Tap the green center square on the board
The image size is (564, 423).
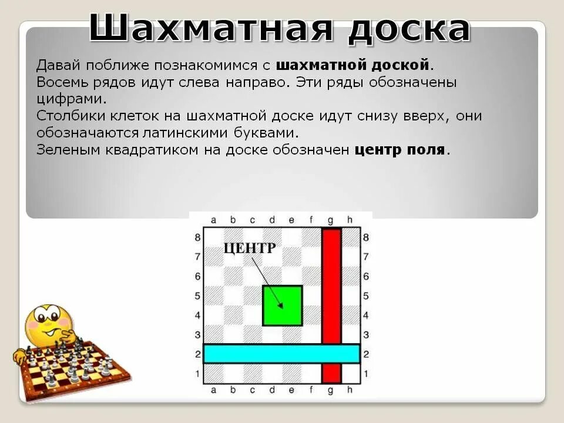[282, 305]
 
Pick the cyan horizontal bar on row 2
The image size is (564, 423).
[281, 354]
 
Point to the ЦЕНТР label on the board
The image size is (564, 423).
[249, 248]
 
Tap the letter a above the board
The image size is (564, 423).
[213, 220]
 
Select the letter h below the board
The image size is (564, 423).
[350, 390]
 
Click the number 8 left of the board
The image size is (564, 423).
[197, 237]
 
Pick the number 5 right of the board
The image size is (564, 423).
[366, 296]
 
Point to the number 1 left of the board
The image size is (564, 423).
[197, 374]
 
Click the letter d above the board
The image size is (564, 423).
[272, 220]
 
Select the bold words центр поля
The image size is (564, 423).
[399, 149]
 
